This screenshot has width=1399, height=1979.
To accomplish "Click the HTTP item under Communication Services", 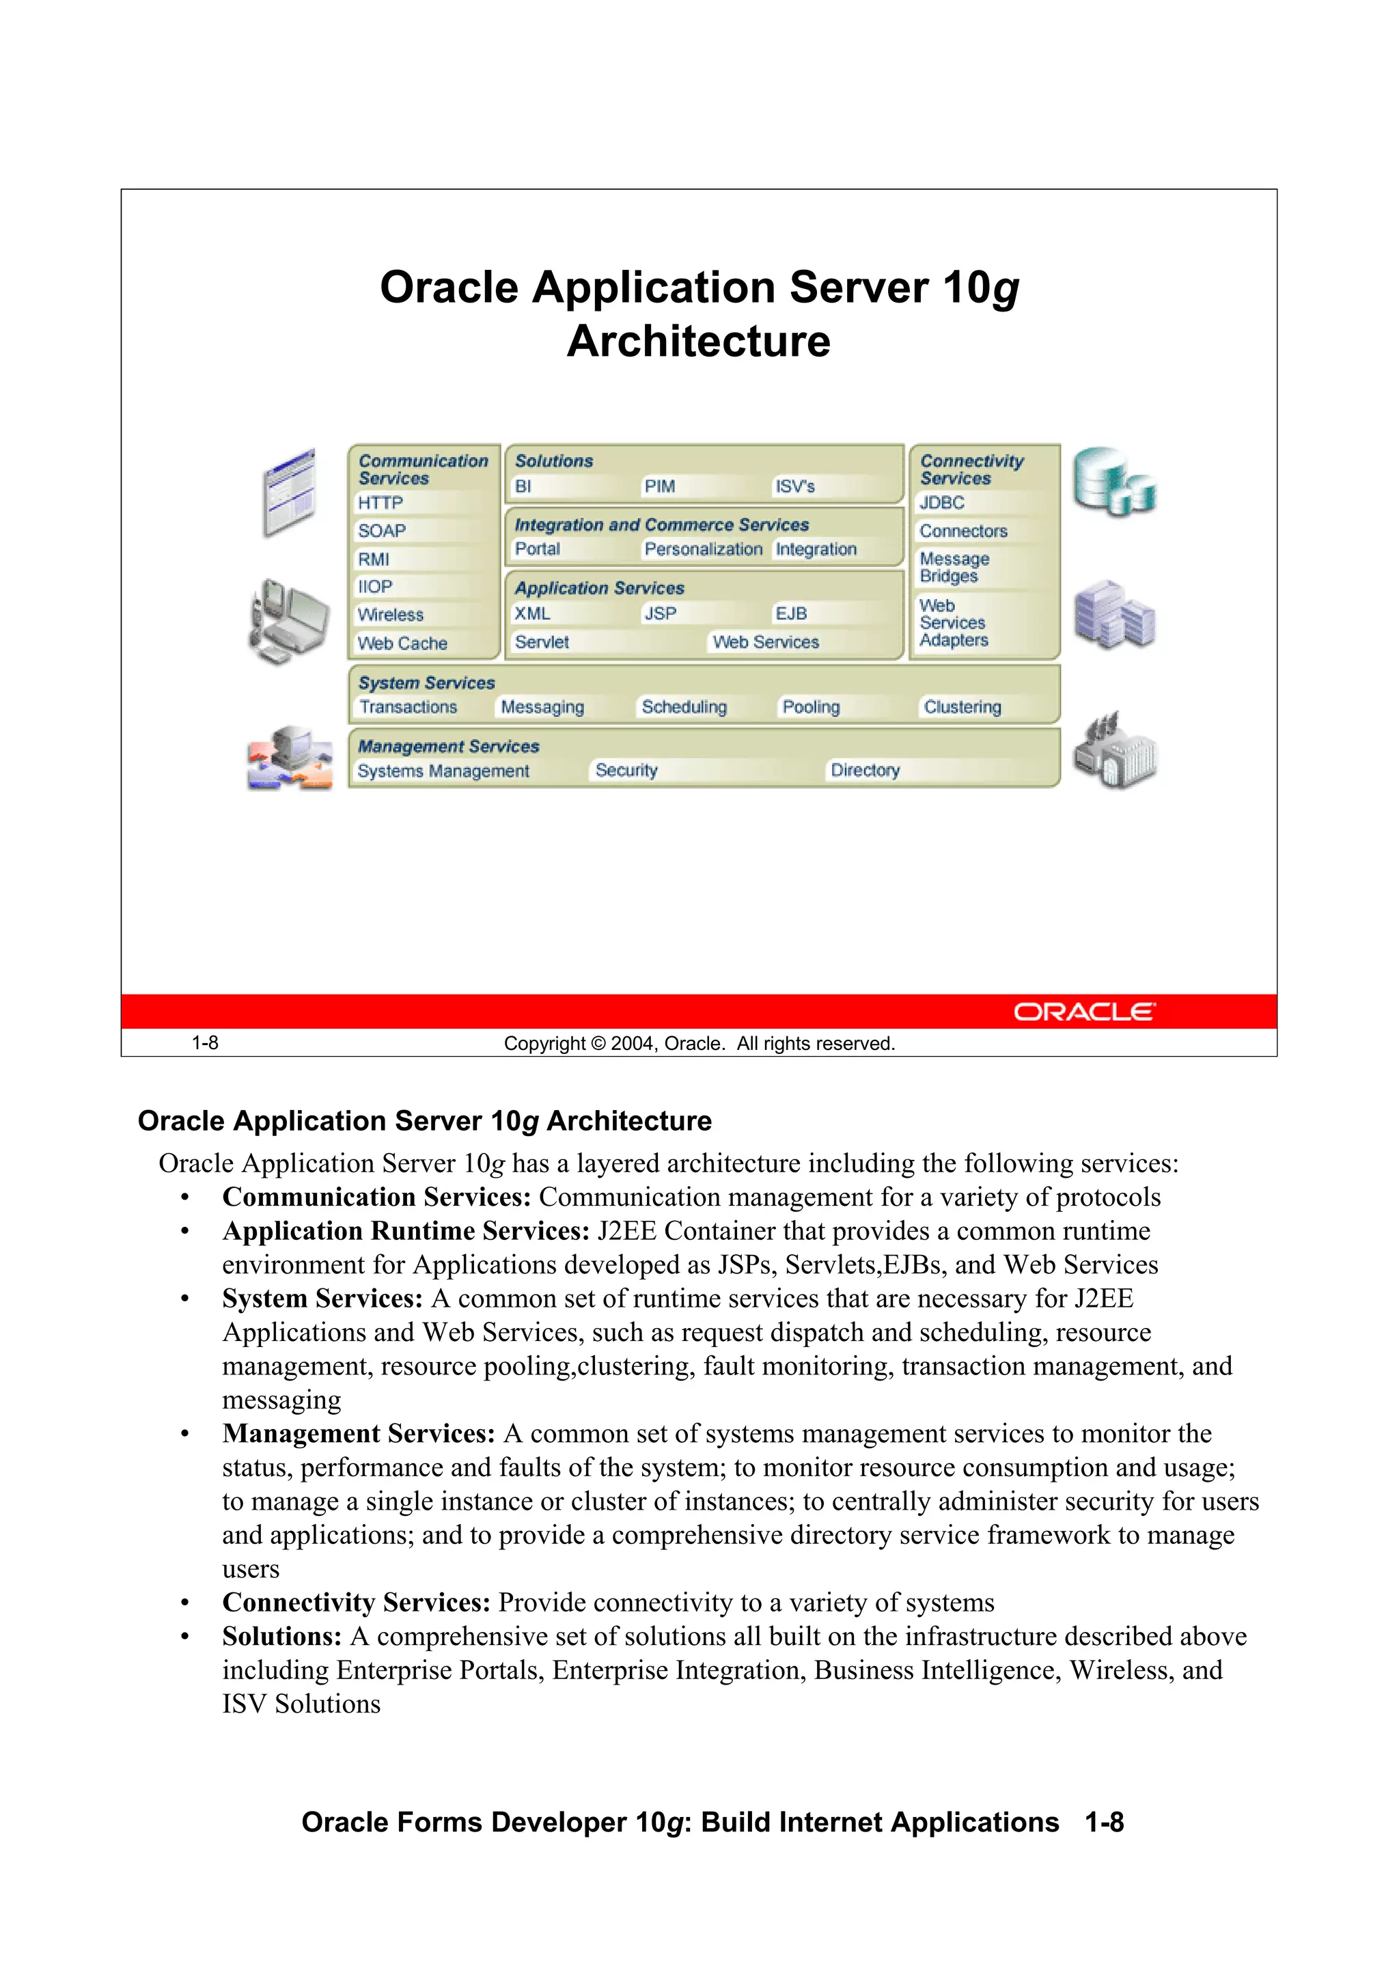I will coord(380,503).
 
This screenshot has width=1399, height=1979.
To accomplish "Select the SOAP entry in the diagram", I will coord(382,531).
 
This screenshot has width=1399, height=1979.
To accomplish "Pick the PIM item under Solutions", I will coord(659,486).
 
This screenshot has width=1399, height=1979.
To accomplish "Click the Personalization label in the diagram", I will coord(704,549).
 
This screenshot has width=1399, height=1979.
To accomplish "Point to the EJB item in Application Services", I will coord(790,613).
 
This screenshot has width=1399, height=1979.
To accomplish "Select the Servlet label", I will coord(541,642).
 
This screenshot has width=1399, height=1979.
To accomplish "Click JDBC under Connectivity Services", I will coord(941,503).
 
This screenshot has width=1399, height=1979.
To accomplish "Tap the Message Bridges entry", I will coord(954,567).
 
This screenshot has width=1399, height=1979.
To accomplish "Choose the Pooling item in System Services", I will coord(810,707).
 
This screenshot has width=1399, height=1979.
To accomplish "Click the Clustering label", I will coord(962,707).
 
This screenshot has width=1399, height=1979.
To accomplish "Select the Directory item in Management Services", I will coord(865,771).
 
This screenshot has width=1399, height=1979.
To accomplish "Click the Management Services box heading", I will coord(448,747).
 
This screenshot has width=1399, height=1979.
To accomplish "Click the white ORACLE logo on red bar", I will coord(1083,1012).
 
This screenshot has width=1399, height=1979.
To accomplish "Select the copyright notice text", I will coord(699,1044).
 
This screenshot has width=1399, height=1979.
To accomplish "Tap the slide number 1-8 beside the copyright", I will coord(204,1043).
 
